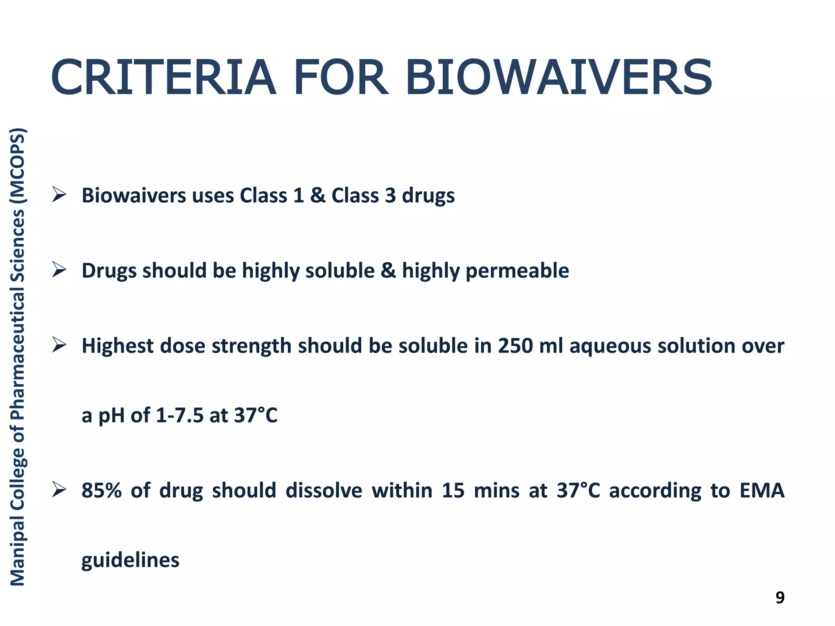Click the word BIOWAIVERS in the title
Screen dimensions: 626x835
tap(559, 77)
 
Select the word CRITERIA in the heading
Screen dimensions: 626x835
tap(163, 77)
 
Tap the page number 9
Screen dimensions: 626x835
tap(780, 597)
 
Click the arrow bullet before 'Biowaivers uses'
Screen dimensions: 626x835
tap(59, 194)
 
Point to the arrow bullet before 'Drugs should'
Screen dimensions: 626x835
tap(59, 270)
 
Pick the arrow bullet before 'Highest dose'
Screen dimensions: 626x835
tap(59, 345)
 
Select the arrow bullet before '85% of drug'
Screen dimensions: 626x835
tap(59, 489)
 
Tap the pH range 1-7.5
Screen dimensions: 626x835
tap(179, 416)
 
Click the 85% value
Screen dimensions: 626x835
tap(102, 490)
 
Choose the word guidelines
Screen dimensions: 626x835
tap(130, 560)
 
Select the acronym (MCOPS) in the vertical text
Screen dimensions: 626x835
tap(18, 165)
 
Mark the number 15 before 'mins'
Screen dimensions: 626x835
tap(453, 490)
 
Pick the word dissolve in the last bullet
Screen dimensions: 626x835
tap(324, 490)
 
